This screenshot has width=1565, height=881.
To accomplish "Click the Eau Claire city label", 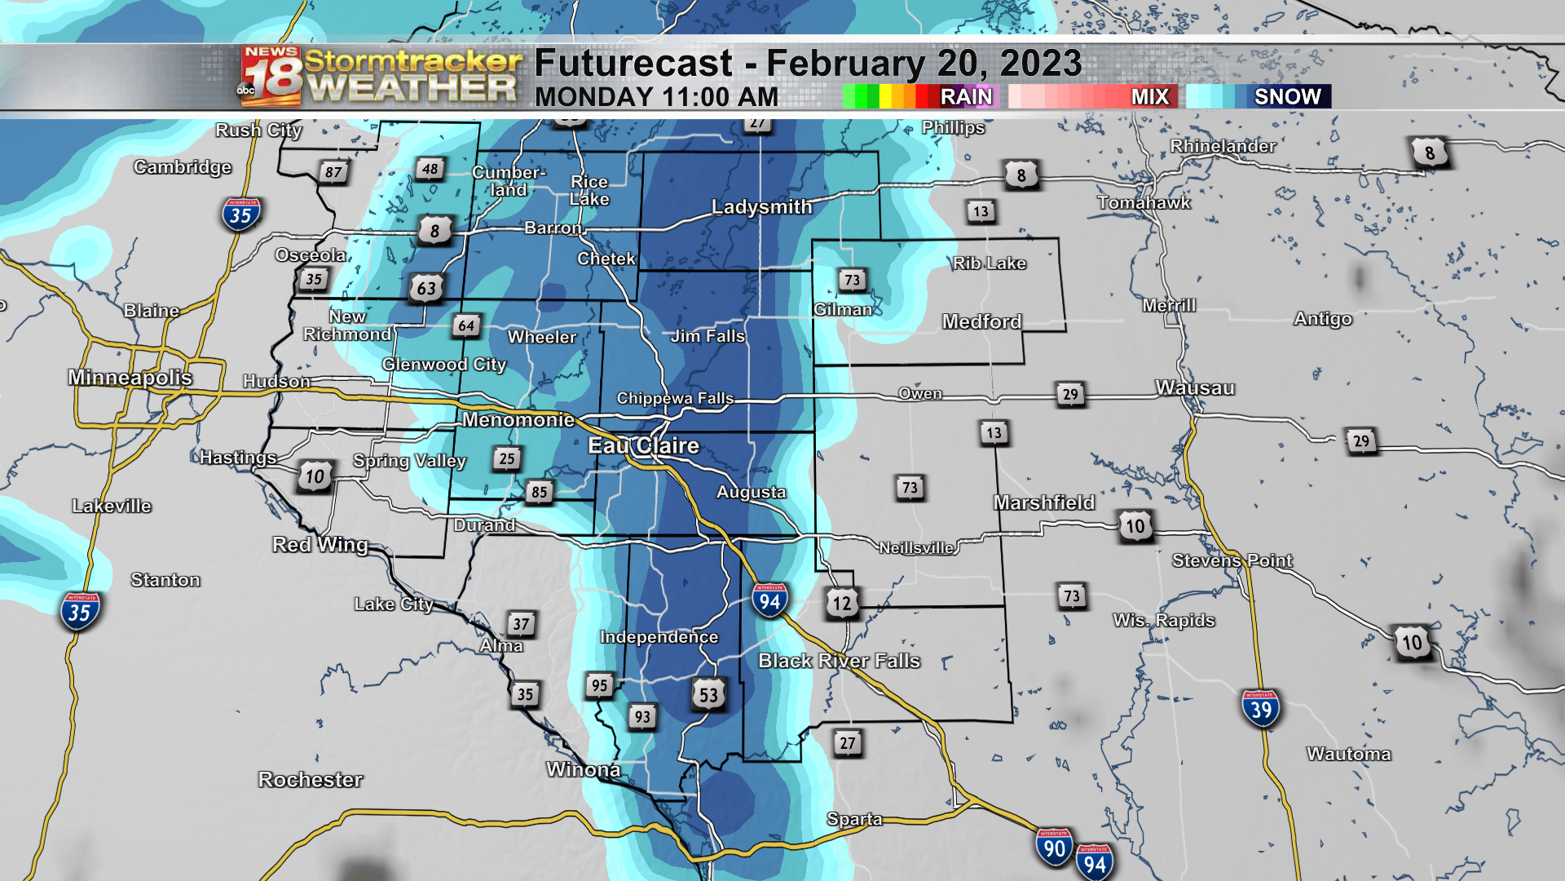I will (644, 445).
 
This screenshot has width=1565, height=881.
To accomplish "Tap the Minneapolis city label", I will (130, 377).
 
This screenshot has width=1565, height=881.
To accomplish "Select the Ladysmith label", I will (761, 207).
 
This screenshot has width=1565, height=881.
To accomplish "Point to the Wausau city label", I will (1195, 388).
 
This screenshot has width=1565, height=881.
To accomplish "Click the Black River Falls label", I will (839, 661).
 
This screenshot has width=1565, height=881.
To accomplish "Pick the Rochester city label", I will (311, 780).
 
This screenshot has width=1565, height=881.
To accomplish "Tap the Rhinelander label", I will (1223, 146).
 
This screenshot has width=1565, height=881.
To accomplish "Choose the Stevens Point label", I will (1232, 560).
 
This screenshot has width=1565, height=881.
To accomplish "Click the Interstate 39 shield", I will (1260, 709).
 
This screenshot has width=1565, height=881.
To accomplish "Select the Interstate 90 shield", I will (1054, 848).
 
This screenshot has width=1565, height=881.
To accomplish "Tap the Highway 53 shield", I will (708, 695).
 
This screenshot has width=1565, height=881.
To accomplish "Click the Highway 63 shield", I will (426, 288).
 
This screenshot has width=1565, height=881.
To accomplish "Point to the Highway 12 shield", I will (842, 604).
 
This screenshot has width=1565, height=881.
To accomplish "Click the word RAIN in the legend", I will (966, 97).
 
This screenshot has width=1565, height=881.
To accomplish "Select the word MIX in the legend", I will (1150, 97).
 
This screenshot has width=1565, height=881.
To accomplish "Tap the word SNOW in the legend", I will (1287, 97).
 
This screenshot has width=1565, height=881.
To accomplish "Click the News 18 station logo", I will (271, 77).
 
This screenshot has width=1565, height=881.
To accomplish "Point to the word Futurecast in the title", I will (633, 64).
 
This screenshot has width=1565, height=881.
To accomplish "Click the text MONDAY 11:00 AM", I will (656, 97).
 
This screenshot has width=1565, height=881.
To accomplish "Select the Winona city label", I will (583, 769).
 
